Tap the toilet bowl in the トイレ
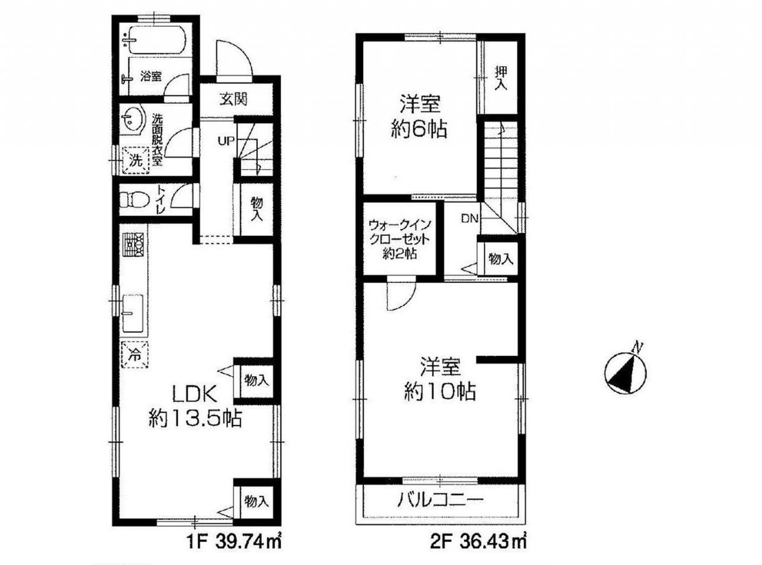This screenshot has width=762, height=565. [135, 200]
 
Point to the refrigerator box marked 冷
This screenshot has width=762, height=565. [135, 355]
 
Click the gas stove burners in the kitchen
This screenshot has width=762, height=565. [133, 245]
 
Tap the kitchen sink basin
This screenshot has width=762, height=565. [132, 313]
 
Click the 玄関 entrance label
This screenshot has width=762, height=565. [233, 100]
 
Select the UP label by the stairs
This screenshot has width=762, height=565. [226, 140]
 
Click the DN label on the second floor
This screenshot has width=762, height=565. [470, 218]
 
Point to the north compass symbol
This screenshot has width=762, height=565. [625, 372]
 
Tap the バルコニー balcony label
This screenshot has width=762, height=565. [441, 501]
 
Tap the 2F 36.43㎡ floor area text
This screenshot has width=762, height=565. [478, 544]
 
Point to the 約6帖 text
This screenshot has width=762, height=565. [419, 131]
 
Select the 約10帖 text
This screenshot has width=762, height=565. [440, 392]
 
